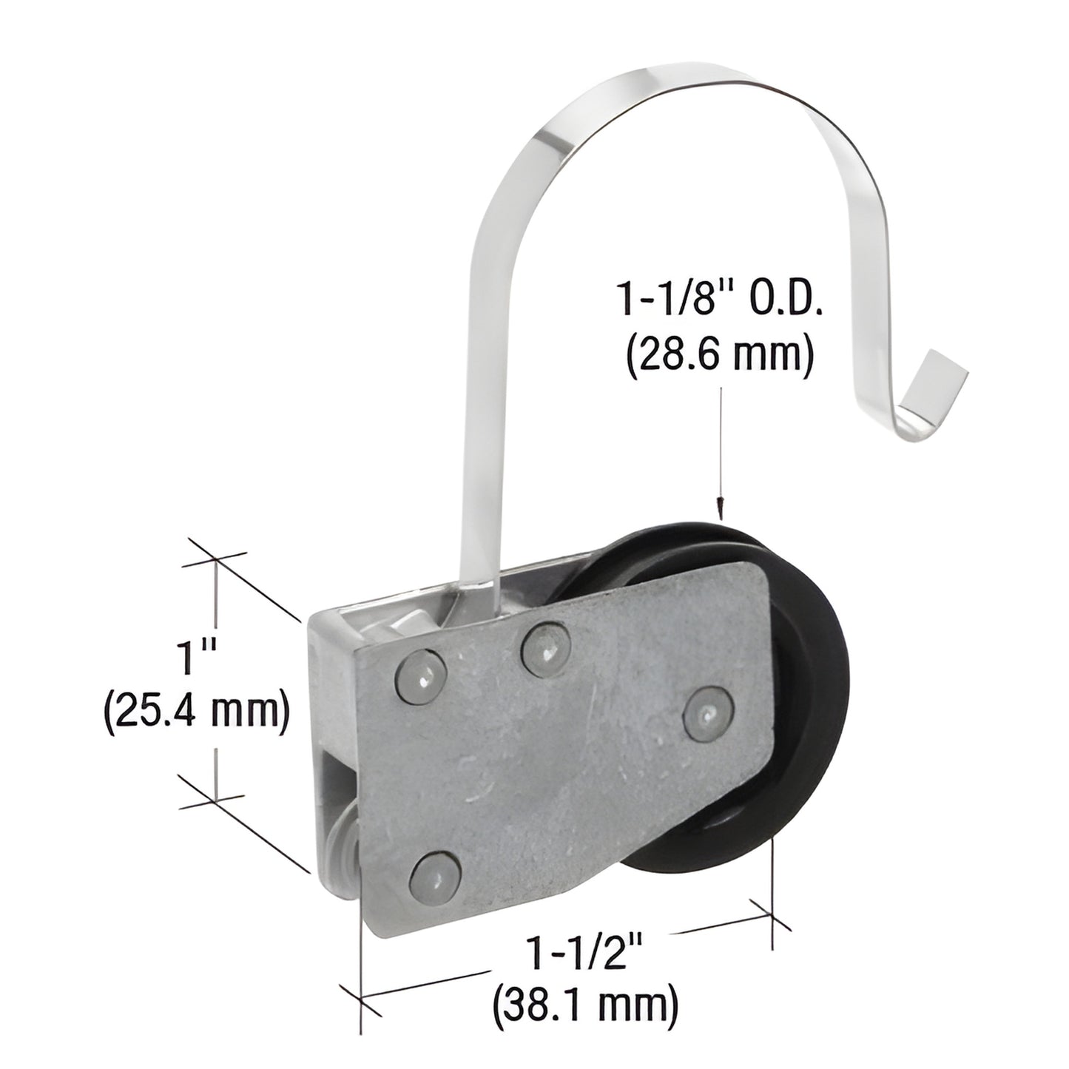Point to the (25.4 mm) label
(x=195, y=714)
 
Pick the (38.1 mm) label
(x=584, y=1005)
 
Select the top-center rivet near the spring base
(x=545, y=646)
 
